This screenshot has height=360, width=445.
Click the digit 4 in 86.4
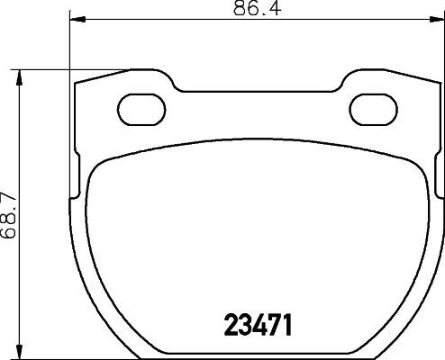tap(260, 10)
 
